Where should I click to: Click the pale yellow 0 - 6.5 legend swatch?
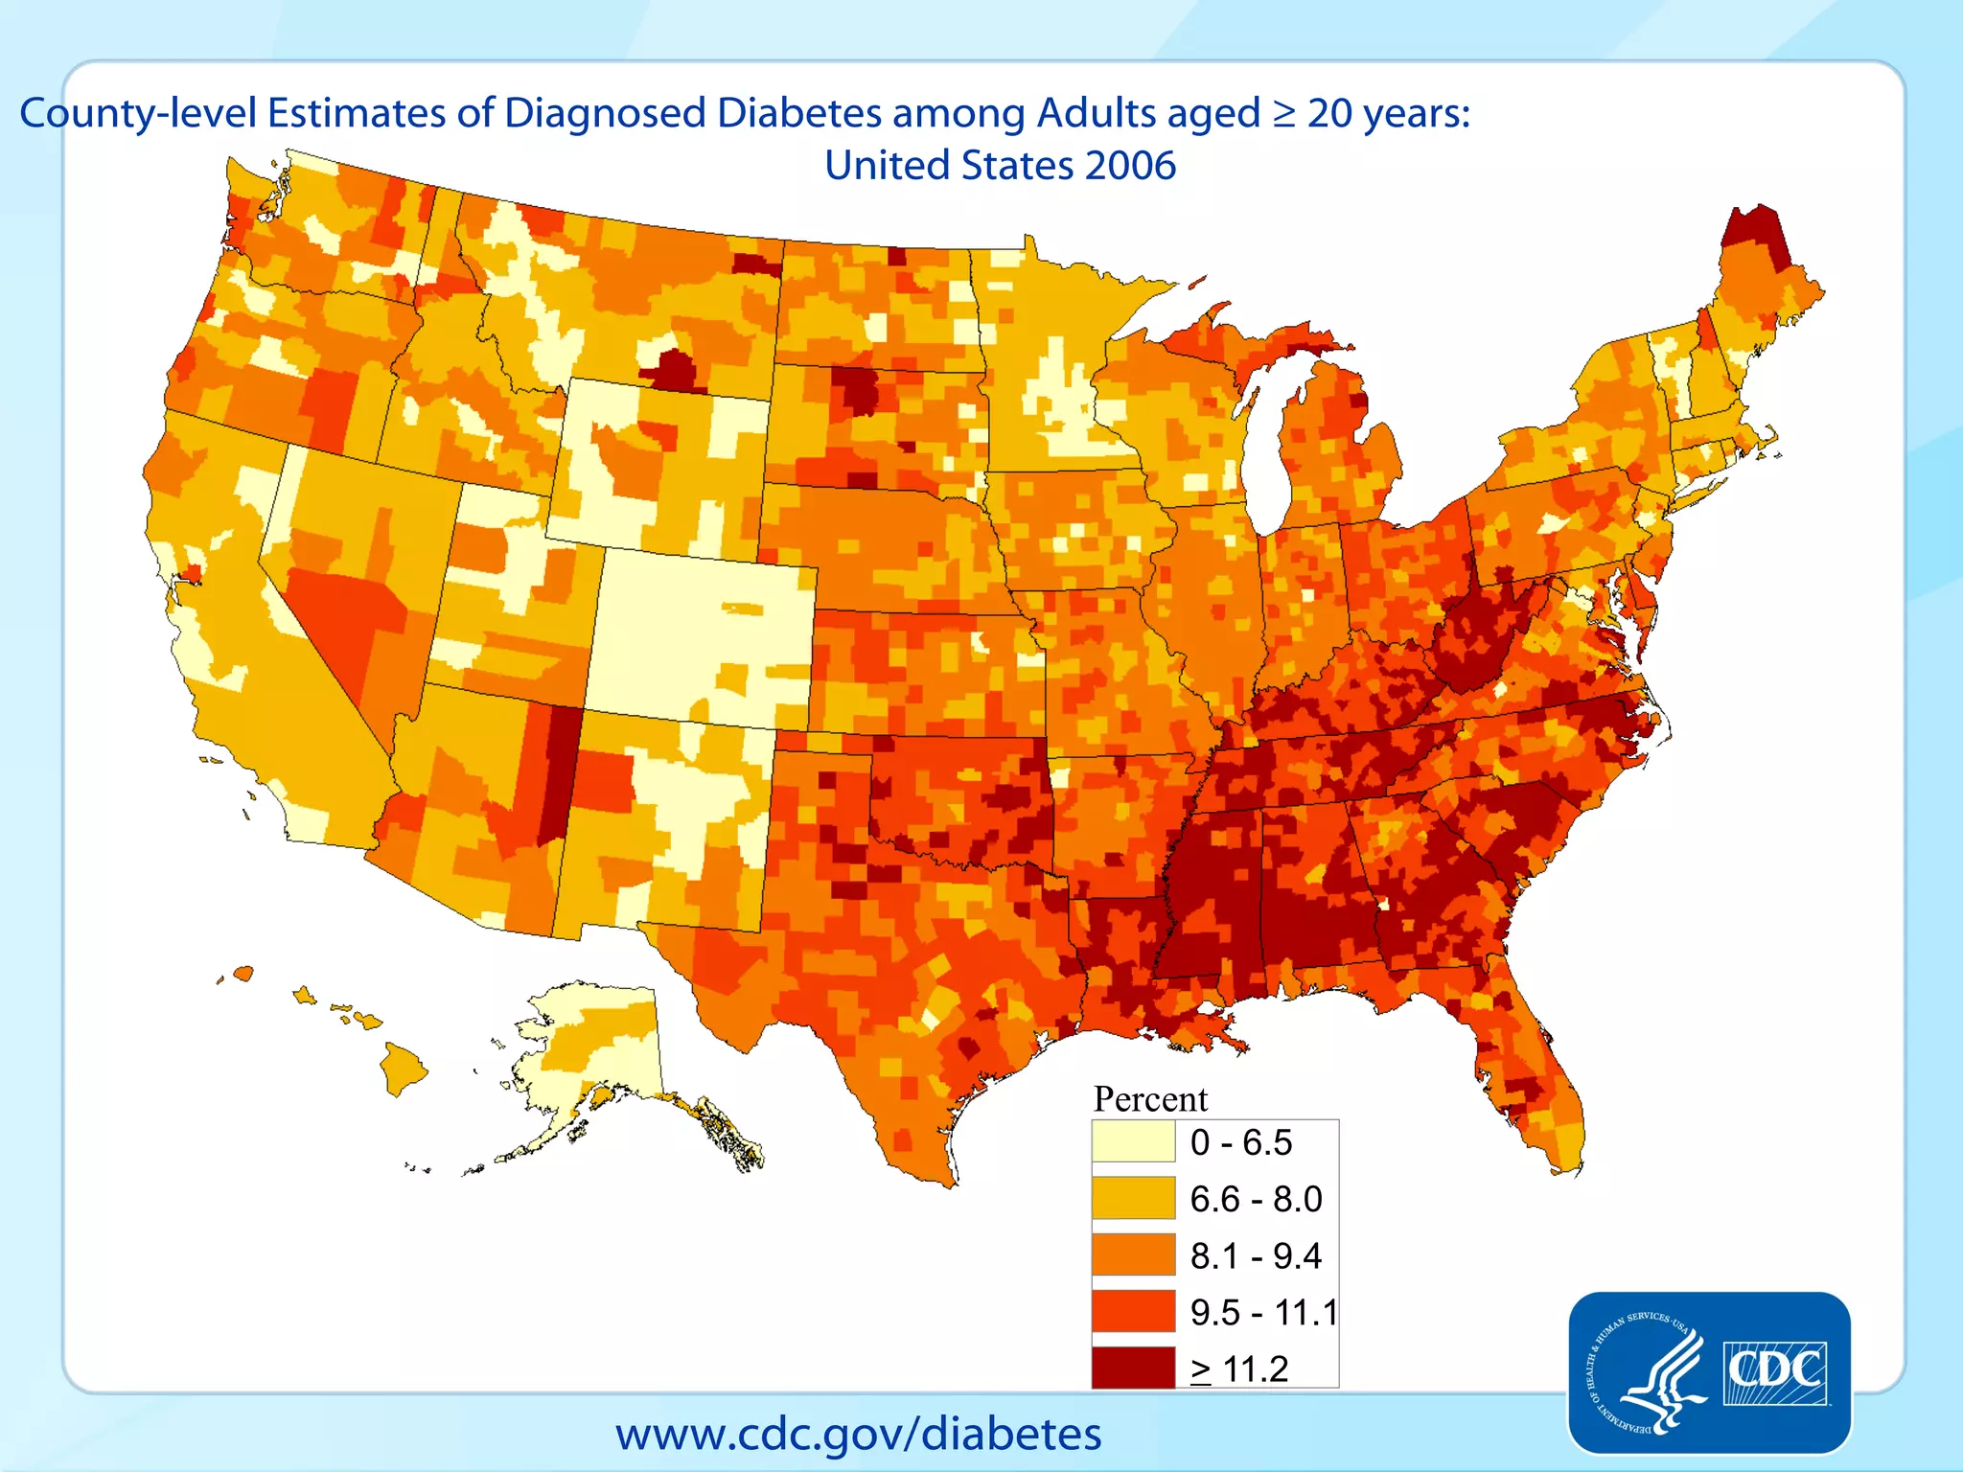pyautogui.click(x=1133, y=1141)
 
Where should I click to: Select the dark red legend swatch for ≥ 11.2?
pyautogui.click(x=1133, y=1368)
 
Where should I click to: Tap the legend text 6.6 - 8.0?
pyautogui.click(x=1256, y=1199)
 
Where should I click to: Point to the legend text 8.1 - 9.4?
pyautogui.click(x=1256, y=1255)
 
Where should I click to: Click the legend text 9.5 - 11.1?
pyautogui.click(x=1263, y=1312)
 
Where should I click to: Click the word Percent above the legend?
pyautogui.click(x=1150, y=1098)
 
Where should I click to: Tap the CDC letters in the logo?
pyautogui.click(x=1774, y=1371)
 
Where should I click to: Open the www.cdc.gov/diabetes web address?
pyautogui.click(x=858, y=1434)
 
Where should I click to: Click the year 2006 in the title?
pyautogui.click(x=1130, y=165)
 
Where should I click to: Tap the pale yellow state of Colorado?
pyautogui.click(x=700, y=632)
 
